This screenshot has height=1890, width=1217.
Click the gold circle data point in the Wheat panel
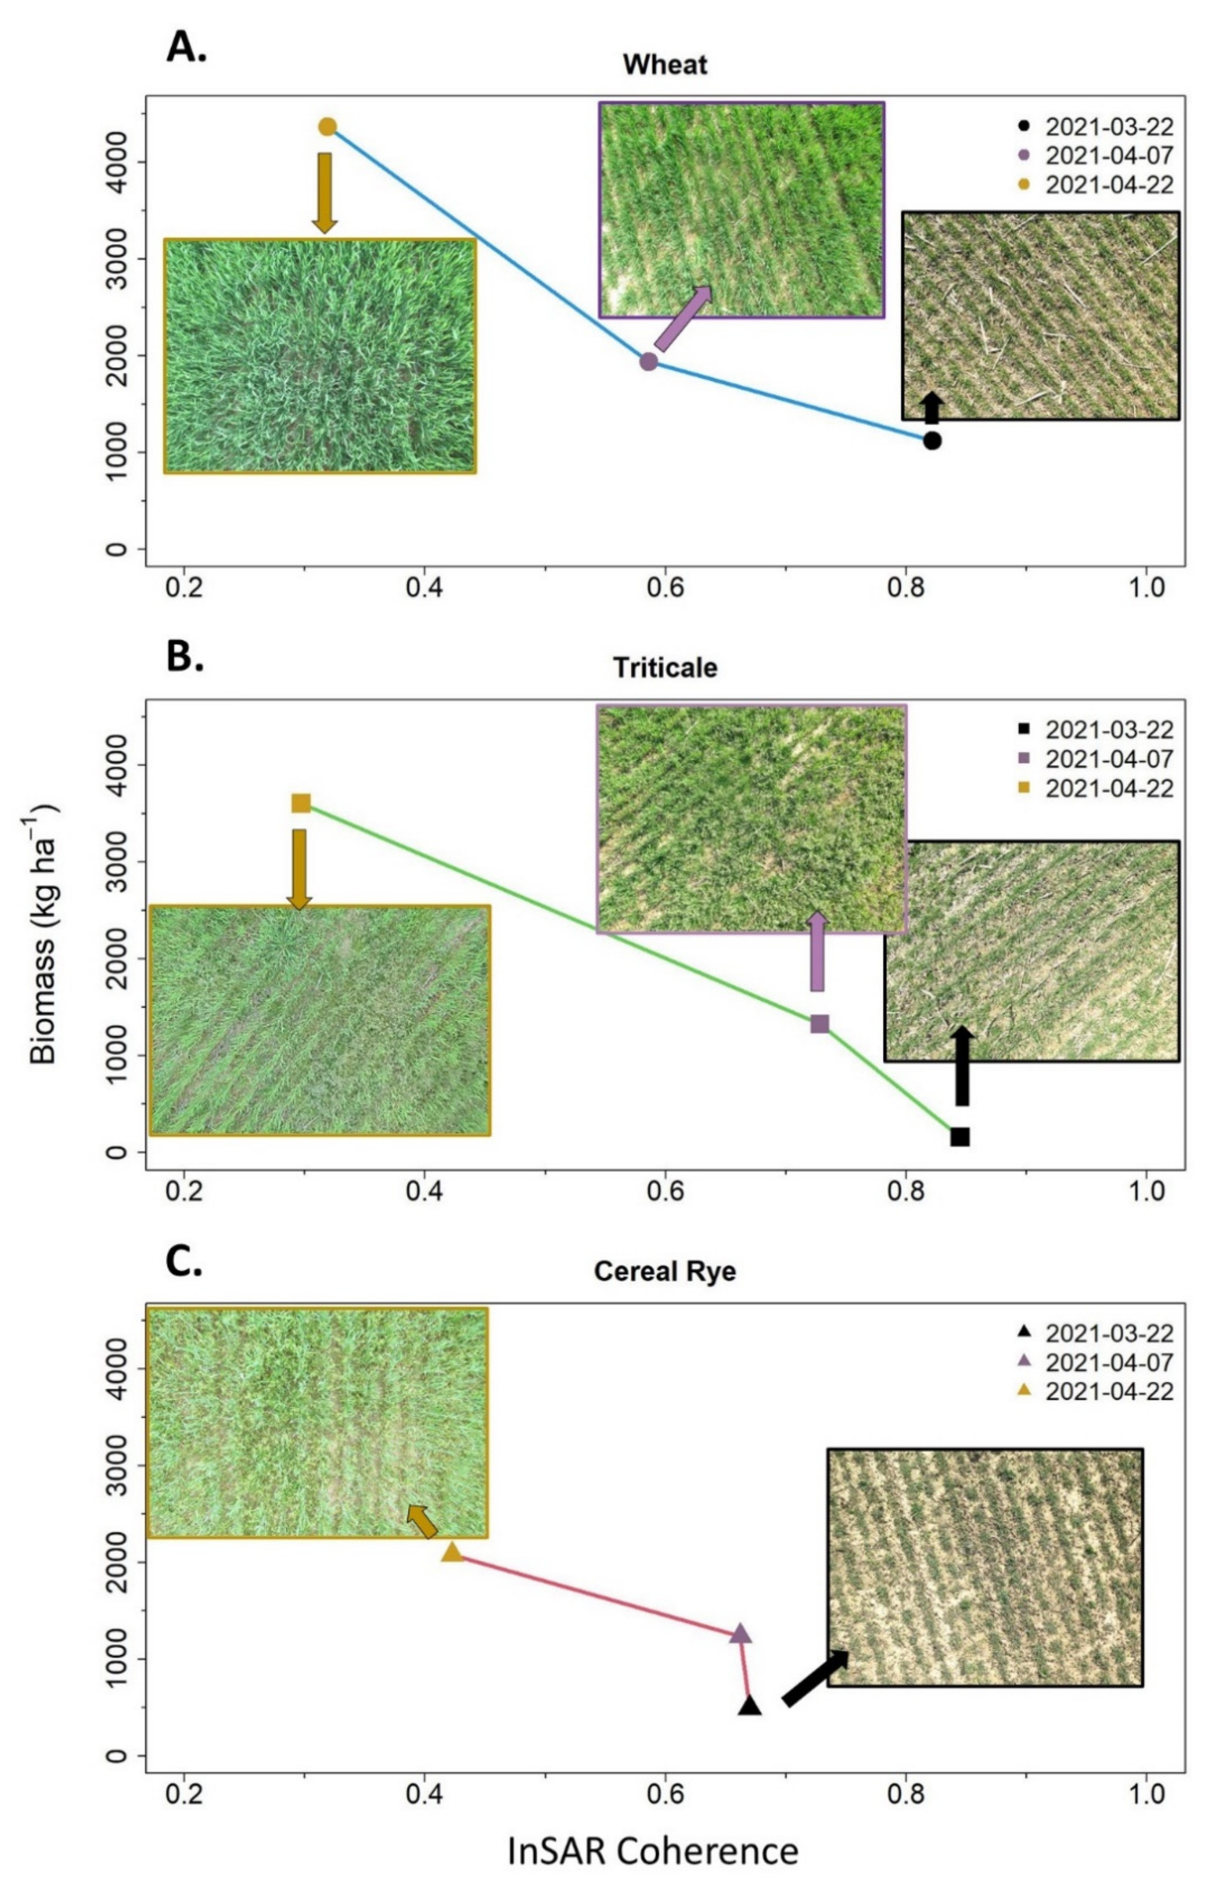(x=327, y=126)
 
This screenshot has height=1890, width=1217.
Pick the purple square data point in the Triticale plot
(x=820, y=1024)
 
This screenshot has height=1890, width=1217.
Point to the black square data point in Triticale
(x=959, y=1137)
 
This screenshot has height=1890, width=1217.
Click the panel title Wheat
(x=665, y=65)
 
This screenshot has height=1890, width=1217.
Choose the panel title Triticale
(x=665, y=668)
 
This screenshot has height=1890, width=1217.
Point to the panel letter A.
(x=186, y=49)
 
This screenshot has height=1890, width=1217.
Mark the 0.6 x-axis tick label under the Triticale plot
(x=665, y=1191)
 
